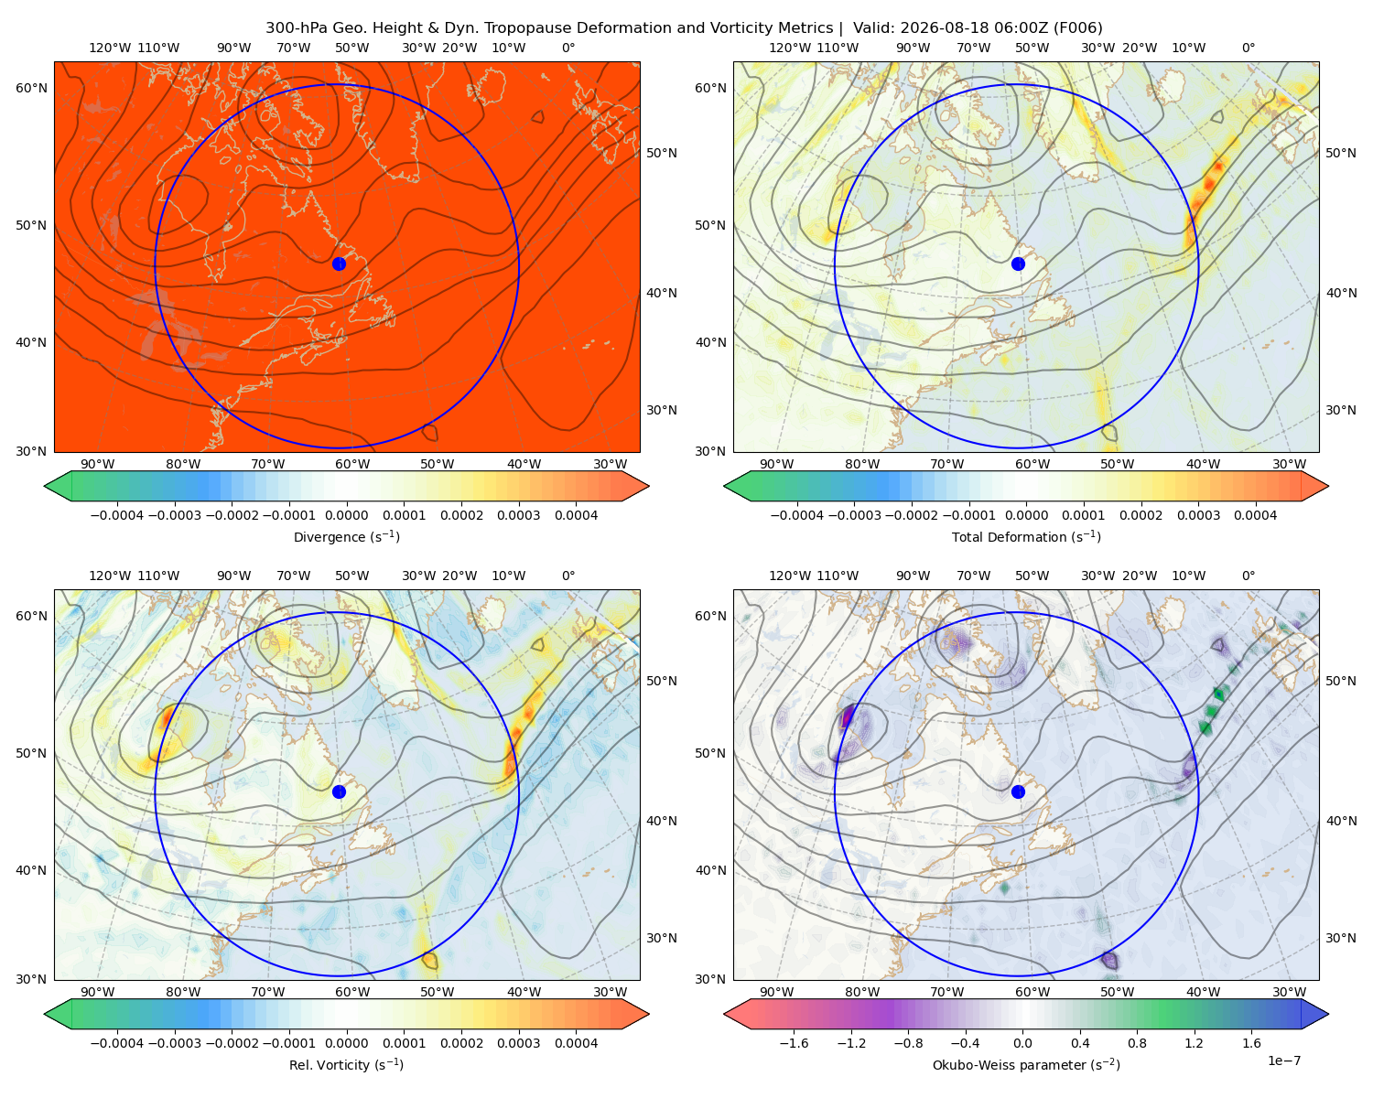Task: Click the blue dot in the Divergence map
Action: tap(339, 264)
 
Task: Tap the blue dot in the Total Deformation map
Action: tap(1018, 264)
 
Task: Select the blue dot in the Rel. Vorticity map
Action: tap(339, 791)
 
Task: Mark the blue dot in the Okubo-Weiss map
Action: tap(1018, 791)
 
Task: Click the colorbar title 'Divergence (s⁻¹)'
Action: tap(346, 536)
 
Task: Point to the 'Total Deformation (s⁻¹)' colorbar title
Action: tap(1026, 536)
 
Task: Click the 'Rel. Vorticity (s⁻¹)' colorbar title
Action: tap(346, 1064)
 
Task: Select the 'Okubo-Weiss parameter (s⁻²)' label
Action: tap(1026, 1064)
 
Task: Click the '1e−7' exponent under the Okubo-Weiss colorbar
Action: tap(1283, 1060)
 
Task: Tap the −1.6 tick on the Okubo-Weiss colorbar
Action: tap(794, 1042)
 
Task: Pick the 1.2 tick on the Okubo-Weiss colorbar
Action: tap(1194, 1042)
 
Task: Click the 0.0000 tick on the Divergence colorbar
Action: tap(346, 515)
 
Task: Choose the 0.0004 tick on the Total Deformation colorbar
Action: tap(1255, 515)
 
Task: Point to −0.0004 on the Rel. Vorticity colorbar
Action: tap(117, 1042)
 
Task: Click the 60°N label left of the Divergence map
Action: tap(31, 88)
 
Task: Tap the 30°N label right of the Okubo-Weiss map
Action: tap(1340, 937)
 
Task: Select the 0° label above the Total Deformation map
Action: tap(1248, 48)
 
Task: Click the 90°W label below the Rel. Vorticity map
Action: tap(98, 992)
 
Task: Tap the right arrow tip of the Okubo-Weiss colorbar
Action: tap(1328, 1014)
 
